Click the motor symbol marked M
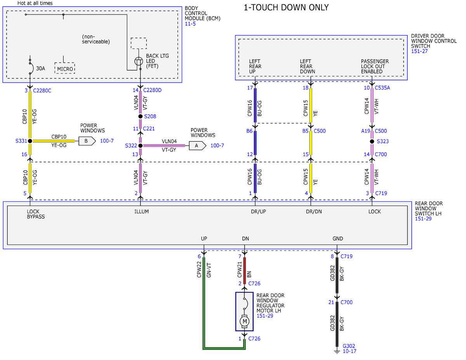(x=245, y=321)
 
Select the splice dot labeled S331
(x=30, y=141)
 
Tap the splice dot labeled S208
(x=140, y=116)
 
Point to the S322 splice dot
(x=141, y=146)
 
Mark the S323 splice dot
(x=372, y=141)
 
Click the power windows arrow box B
(x=87, y=141)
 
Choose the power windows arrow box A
(x=197, y=146)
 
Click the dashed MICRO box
(x=64, y=68)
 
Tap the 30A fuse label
(x=40, y=68)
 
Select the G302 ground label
(x=349, y=346)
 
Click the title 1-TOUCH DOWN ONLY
(x=286, y=7)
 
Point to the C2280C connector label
(x=42, y=90)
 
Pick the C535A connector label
(x=382, y=88)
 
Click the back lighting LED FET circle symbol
(x=139, y=61)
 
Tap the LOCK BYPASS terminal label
(x=36, y=214)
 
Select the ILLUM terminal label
(x=141, y=211)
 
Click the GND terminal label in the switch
(x=337, y=238)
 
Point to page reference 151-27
(x=419, y=51)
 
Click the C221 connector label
(x=149, y=129)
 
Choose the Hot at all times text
(x=35, y=3)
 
